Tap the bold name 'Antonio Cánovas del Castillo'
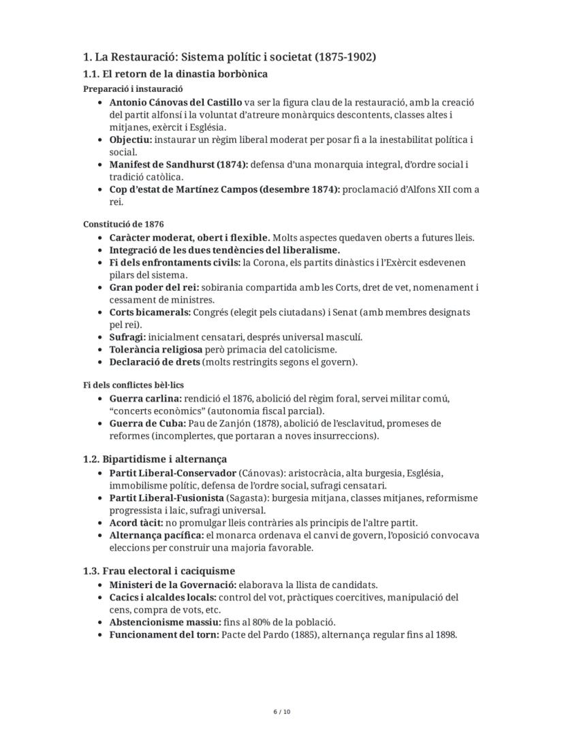175,102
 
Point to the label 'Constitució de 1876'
123,224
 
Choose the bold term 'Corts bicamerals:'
150,312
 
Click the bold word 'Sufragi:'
128,337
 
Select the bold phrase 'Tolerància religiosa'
151,349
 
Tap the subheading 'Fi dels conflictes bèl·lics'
134,385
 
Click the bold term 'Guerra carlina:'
146,398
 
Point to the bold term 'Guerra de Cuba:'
148,423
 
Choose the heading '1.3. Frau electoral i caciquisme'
159,570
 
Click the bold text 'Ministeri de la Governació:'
173,585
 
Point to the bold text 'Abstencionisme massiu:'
166,622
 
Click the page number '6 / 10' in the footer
281,712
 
